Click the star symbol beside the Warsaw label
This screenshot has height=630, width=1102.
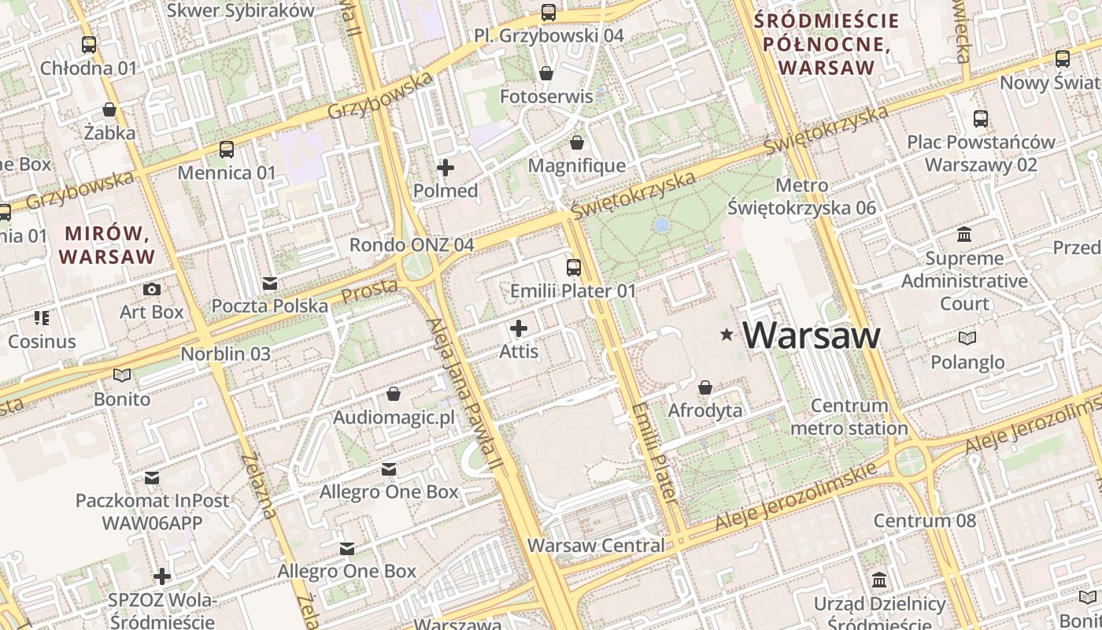727,335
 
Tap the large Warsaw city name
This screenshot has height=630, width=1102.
812,335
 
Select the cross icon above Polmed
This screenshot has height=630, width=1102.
446,168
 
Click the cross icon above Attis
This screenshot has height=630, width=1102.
519,328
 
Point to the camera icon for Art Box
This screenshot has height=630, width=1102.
152,289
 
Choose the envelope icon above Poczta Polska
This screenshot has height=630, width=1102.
270,283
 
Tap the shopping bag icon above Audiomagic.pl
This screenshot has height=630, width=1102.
394,394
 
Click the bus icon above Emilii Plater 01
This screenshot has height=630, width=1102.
574,268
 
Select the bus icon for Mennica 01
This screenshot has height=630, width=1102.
227,150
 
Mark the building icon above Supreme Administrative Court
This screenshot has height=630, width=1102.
964,235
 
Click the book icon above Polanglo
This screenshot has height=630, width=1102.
967,339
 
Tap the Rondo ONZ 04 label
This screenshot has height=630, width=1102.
412,245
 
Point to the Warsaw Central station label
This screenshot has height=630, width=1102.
596,545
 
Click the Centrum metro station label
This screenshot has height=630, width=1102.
849,417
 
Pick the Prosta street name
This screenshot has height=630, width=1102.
369,291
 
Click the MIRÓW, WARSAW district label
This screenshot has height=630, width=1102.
107,245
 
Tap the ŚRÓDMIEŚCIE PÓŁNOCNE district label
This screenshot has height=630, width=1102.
826,44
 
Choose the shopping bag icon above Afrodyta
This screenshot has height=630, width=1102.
705,387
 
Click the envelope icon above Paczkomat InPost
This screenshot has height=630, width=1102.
152,478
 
